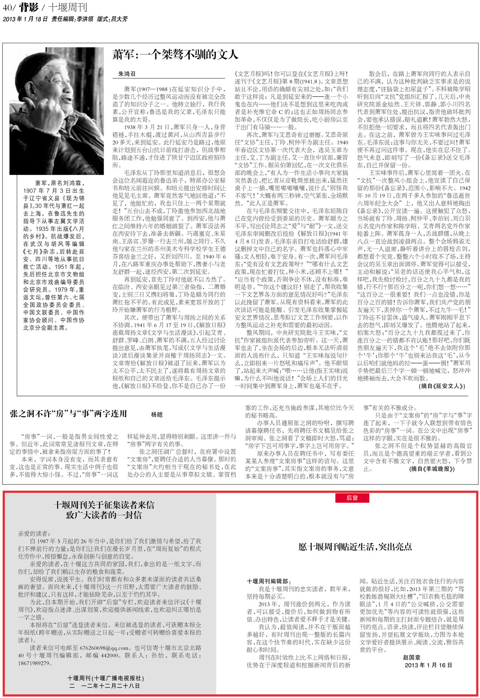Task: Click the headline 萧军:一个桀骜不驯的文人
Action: [x=175, y=55]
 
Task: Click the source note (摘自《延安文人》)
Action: [x=442, y=386]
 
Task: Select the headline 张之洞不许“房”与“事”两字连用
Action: [x=68, y=414]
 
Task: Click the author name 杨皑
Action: [x=157, y=415]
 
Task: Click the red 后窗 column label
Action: [x=352, y=498]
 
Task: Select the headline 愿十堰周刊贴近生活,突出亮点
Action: [x=349, y=546]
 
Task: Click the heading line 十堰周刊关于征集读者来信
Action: [x=104, y=505]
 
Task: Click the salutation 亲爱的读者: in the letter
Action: [x=34, y=534]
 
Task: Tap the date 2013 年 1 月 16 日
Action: [x=428, y=665]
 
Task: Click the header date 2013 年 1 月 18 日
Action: [x=25, y=19]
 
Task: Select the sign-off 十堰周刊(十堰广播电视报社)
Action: [x=106, y=678]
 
